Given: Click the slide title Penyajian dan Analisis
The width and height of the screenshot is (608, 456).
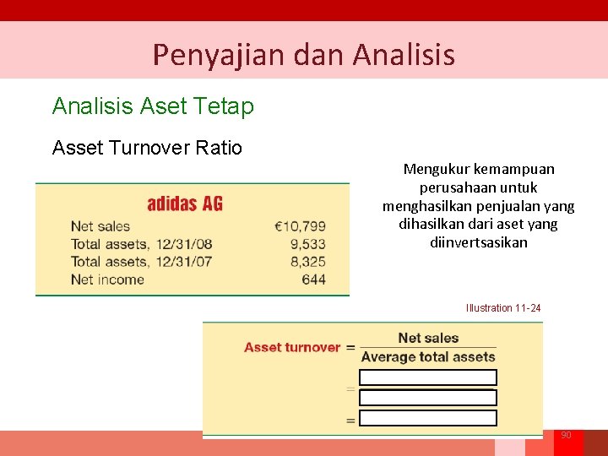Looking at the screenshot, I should tap(303, 55).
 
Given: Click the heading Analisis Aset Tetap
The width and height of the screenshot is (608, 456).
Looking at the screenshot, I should tap(153, 106).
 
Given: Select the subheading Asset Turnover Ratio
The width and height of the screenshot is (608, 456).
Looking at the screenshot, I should tap(147, 148).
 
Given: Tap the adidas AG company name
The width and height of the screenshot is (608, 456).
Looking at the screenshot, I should tap(185, 204).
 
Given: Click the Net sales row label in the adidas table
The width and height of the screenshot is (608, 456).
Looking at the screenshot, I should tap(100, 226).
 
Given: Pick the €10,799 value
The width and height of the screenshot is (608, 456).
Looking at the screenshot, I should tap(300, 226).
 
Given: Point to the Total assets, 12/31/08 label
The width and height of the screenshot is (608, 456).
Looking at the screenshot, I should tap(141, 244).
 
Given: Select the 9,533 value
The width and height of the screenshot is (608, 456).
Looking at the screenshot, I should tap(307, 244).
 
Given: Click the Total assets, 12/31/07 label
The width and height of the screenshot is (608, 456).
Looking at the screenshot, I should tap(141, 262).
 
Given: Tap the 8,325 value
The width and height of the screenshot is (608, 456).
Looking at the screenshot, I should tap(307, 262).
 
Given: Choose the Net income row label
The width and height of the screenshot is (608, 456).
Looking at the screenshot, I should tap(107, 280).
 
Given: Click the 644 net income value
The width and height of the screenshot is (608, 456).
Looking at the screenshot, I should tap(313, 280).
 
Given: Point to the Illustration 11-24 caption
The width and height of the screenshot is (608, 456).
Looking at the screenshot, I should tap(503, 308).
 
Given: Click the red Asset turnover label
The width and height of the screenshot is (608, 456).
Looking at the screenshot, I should tap(292, 347).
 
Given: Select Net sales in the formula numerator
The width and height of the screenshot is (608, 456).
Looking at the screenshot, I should tap(428, 338).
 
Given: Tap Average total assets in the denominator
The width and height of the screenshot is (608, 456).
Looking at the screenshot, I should tap(428, 357).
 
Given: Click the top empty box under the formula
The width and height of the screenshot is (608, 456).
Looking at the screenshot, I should tap(428, 377).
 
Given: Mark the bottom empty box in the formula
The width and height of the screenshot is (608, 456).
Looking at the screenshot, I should tap(428, 418).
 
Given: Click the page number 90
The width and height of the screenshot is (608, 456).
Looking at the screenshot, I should tap(566, 435).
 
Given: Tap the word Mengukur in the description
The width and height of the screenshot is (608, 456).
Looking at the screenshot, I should tap(437, 169).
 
